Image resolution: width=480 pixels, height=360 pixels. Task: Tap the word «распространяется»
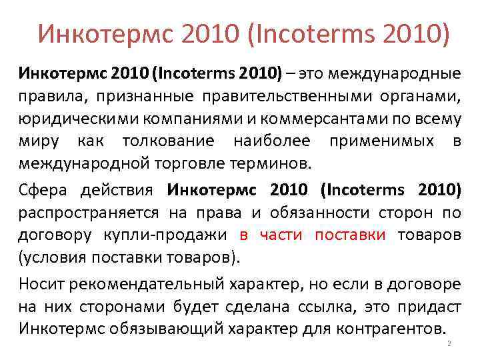point(89,213)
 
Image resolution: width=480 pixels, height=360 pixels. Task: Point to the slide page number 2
point(449,343)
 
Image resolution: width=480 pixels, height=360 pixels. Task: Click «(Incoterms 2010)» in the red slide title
point(351,31)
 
